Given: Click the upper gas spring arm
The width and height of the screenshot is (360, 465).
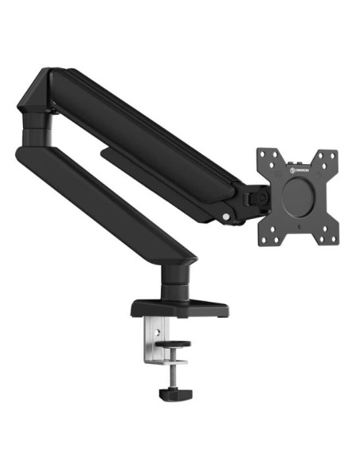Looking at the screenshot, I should (151, 135).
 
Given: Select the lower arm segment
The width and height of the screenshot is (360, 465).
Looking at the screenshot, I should (112, 199).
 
